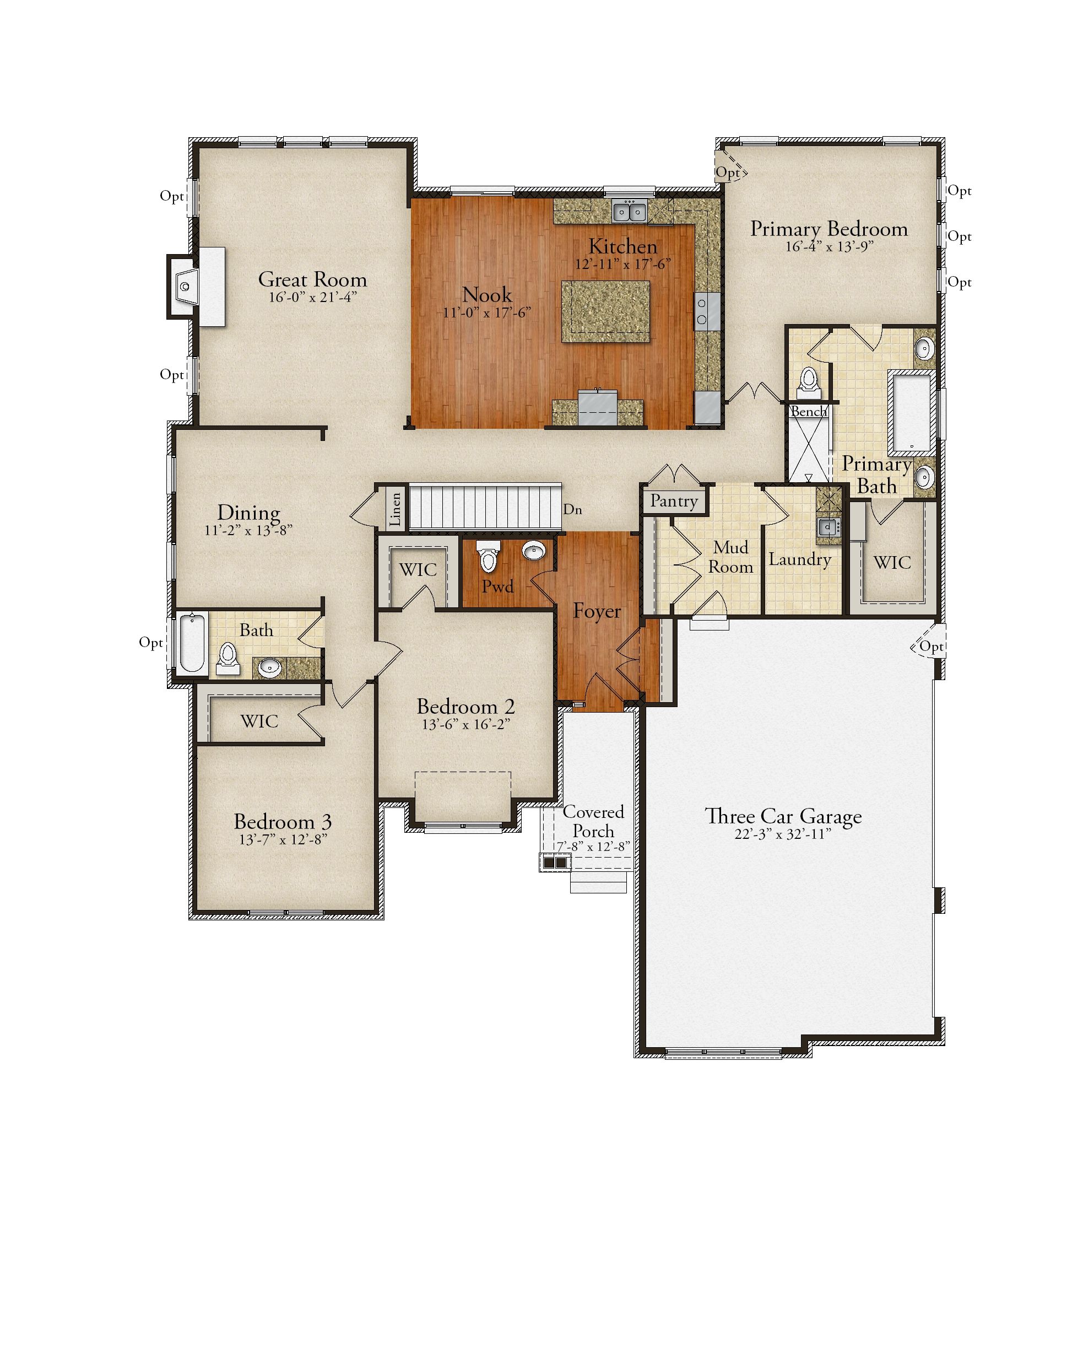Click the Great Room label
pos(312,279)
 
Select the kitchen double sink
pos(629,212)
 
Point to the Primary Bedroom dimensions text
pos(829,246)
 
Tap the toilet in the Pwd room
pos(488,556)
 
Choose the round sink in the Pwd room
pos(533,551)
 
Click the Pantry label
pos(674,500)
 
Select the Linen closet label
pos(395,509)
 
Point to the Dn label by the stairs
pos(573,509)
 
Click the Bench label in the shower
pos(808,411)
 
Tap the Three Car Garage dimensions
pos(783,833)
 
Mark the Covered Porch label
pos(593,821)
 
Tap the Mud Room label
pos(731,557)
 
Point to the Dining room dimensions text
pos(248,530)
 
